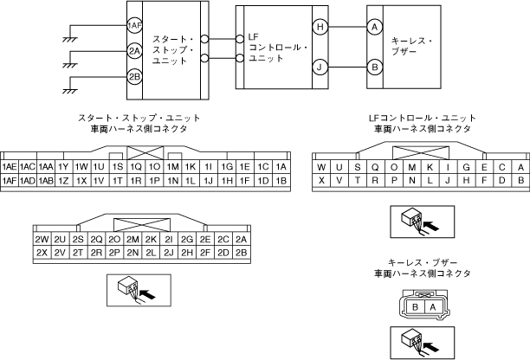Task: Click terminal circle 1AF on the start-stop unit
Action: (134, 27)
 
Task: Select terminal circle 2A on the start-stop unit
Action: (134, 52)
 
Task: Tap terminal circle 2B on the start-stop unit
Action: (134, 77)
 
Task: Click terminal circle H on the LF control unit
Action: (320, 28)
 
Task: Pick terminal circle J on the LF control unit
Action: (320, 67)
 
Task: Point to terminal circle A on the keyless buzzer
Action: (375, 28)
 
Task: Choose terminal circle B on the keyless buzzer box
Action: (375, 67)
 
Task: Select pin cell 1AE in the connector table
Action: (10, 166)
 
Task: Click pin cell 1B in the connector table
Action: (280, 180)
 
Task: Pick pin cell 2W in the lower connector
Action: (41, 239)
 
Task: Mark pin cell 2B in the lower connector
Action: (242, 253)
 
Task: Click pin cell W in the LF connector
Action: (322, 166)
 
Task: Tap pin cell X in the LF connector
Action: (322, 180)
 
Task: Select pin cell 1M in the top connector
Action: (173, 166)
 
